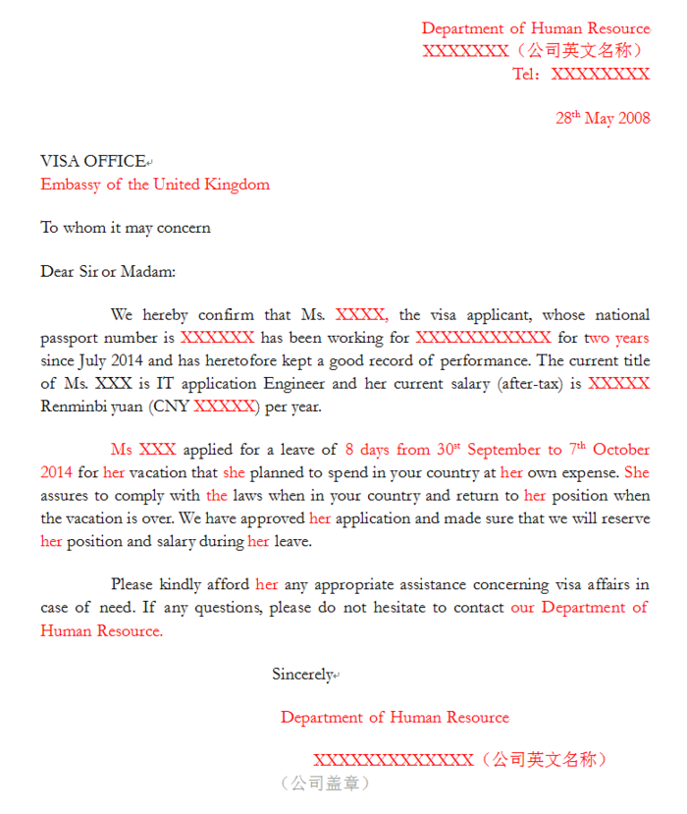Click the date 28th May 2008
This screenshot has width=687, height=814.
(603, 118)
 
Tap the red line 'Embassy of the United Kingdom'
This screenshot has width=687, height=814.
(155, 184)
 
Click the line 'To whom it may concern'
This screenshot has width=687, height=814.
(126, 228)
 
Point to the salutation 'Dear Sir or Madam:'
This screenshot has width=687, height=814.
(108, 271)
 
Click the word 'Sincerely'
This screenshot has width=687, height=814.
(302, 674)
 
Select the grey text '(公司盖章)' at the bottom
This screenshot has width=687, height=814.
(325, 783)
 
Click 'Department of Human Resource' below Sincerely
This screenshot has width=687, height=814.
(395, 717)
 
